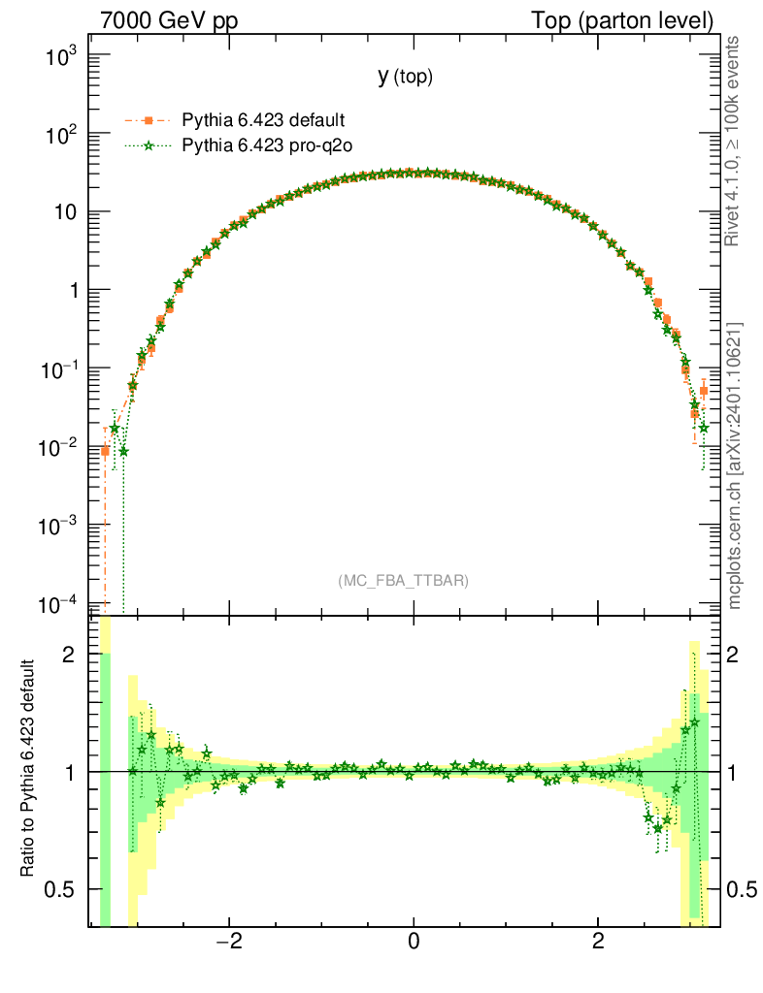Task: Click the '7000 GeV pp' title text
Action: pyautogui.click(x=169, y=20)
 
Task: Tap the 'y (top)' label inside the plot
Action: pyautogui.click(x=405, y=78)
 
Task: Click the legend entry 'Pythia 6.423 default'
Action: pyautogui.click(x=263, y=120)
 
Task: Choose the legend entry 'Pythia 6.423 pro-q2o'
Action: pyautogui.click(x=265, y=146)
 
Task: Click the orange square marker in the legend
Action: pyautogui.click(x=149, y=120)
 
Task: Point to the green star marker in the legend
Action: pyautogui.click(x=149, y=146)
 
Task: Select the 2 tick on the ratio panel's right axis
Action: pyautogui.click(x=741, y=655)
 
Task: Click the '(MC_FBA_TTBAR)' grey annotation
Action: pyautogui.click(x=404, y=581)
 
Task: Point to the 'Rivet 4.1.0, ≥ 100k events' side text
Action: pyautogui.click(x=734, y=141)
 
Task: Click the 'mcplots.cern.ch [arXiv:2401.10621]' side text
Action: pyautogui.click(x=734, y=465)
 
